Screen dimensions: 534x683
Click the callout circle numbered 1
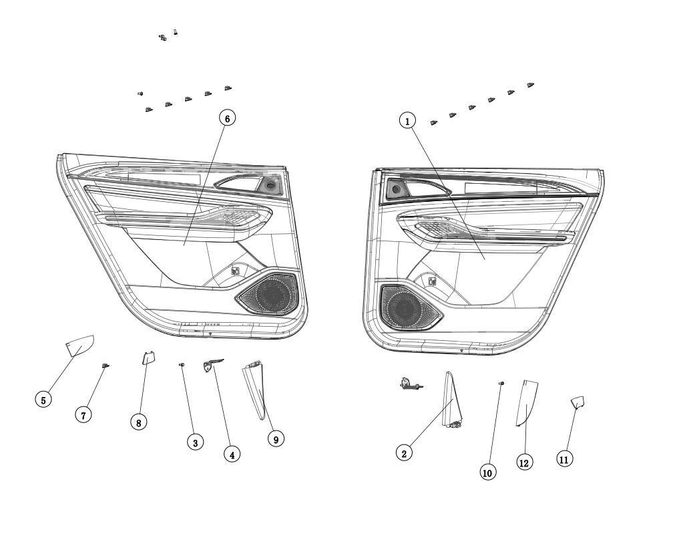click(x=408, y=120)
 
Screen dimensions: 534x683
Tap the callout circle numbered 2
click(x=403, y=452)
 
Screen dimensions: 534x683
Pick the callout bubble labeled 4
click(x=232, y=454)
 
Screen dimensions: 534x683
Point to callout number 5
click(x=43, y=400)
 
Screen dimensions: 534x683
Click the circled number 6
click(x=227, y=118)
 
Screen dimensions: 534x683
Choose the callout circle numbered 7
click(x=83, y=415)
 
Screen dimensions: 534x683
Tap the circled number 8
click(x=139, y=422)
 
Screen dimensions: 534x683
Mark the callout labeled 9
click(x=276, y=438)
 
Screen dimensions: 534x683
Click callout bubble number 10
click(x=487, y=472)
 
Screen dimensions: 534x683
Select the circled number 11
click(x=564, y=458)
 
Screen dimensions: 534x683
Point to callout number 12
click(x=525, y=462)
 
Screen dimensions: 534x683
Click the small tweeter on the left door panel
click(x=270, y=185)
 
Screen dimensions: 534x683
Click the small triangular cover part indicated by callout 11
click(x=578, y=401)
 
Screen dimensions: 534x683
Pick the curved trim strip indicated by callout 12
click(x=527, y=402)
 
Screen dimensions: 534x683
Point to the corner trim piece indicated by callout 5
click(x=79, y=346)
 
